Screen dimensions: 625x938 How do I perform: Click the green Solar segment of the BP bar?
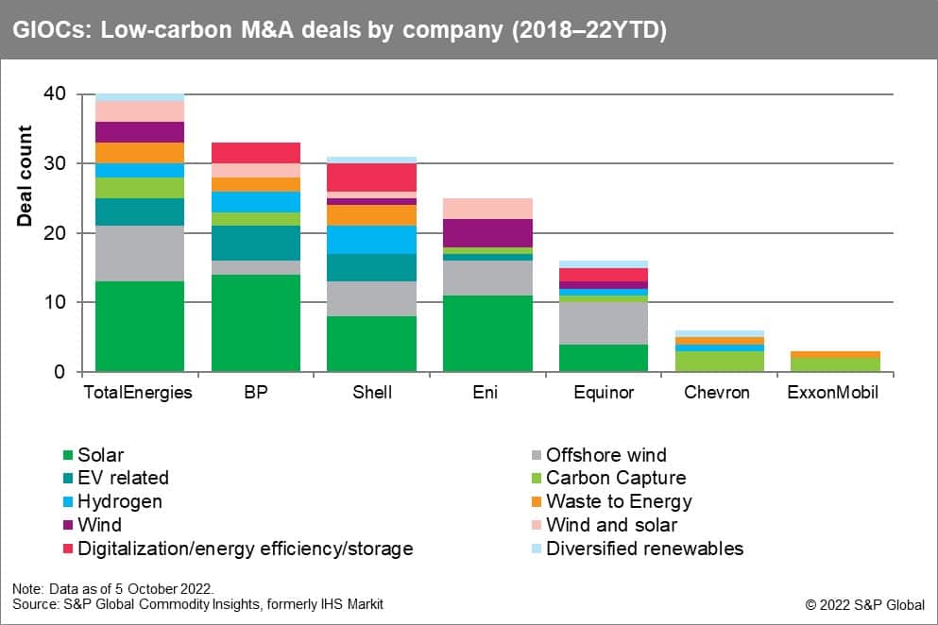point(255,323)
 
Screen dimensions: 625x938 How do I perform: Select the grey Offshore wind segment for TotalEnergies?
point(140,253)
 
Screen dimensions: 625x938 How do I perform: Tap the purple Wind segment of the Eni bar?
point(486,233)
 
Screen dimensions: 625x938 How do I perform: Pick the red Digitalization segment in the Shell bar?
point(371,177)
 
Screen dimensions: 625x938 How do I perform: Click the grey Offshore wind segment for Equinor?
point(602,323)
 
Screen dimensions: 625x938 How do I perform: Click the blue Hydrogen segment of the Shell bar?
point(371,240)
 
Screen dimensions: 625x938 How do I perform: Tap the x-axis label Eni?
point(486,392)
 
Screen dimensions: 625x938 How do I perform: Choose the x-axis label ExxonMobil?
point(832,392)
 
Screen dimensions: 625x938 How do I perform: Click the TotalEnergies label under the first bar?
point(140,392)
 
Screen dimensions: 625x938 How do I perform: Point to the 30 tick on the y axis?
point(59,163)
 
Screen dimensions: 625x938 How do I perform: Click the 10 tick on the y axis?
point(59,302)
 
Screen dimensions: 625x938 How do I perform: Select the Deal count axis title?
point(26,176)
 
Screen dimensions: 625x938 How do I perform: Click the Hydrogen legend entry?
point(120,501)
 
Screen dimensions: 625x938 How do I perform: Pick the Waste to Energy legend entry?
point(619,501)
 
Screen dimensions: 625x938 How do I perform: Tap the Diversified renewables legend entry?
point(644,549)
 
